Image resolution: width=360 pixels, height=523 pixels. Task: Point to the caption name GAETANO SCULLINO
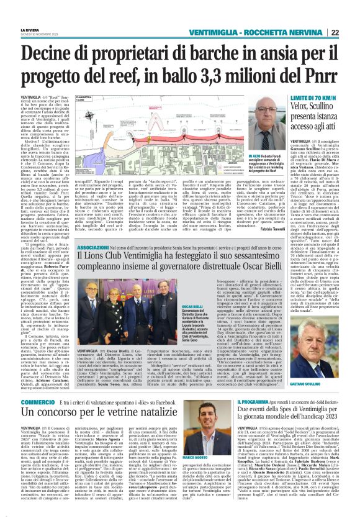pyautogui.click(x=321, y=386)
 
